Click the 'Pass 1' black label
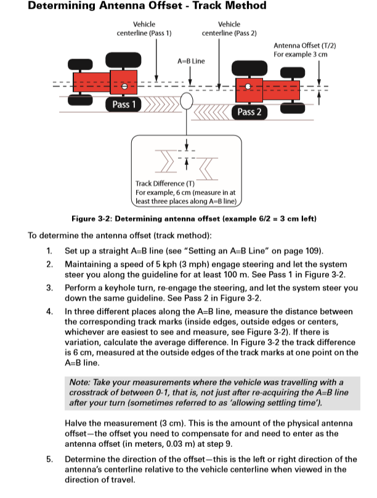124,105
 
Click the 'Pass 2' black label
249,111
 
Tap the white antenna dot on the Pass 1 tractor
124,87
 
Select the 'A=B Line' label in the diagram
191,62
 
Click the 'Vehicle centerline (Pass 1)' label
144,28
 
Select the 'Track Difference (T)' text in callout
160,183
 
